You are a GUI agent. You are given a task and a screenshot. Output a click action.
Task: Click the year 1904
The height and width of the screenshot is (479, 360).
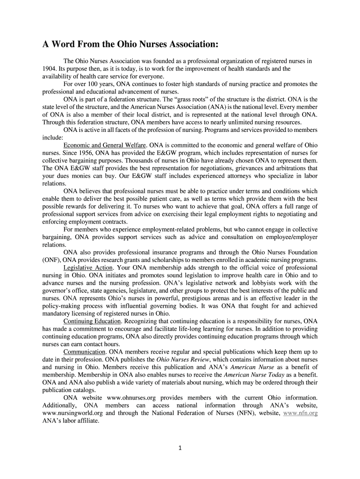(x=49, y=68)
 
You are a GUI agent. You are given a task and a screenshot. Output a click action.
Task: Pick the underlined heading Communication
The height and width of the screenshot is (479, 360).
(x=84, y=352)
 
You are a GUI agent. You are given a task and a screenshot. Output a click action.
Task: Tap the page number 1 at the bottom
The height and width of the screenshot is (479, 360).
(x=180, y=448)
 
